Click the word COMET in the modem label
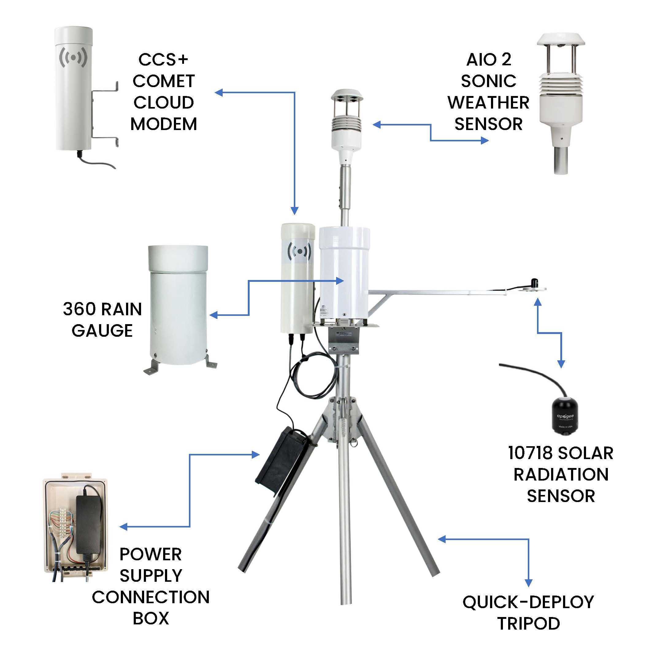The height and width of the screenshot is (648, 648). click(x=164, y=81)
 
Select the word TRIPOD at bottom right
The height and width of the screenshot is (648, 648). click(x=528, y=623)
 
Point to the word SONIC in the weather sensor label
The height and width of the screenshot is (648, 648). click(x=488, y=81)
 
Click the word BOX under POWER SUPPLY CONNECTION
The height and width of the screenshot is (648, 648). click(x=151, y=618)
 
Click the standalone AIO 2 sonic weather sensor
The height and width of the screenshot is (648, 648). click(x=561, y=101)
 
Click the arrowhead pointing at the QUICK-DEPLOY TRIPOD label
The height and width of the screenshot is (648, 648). click(x=529, y=592)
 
